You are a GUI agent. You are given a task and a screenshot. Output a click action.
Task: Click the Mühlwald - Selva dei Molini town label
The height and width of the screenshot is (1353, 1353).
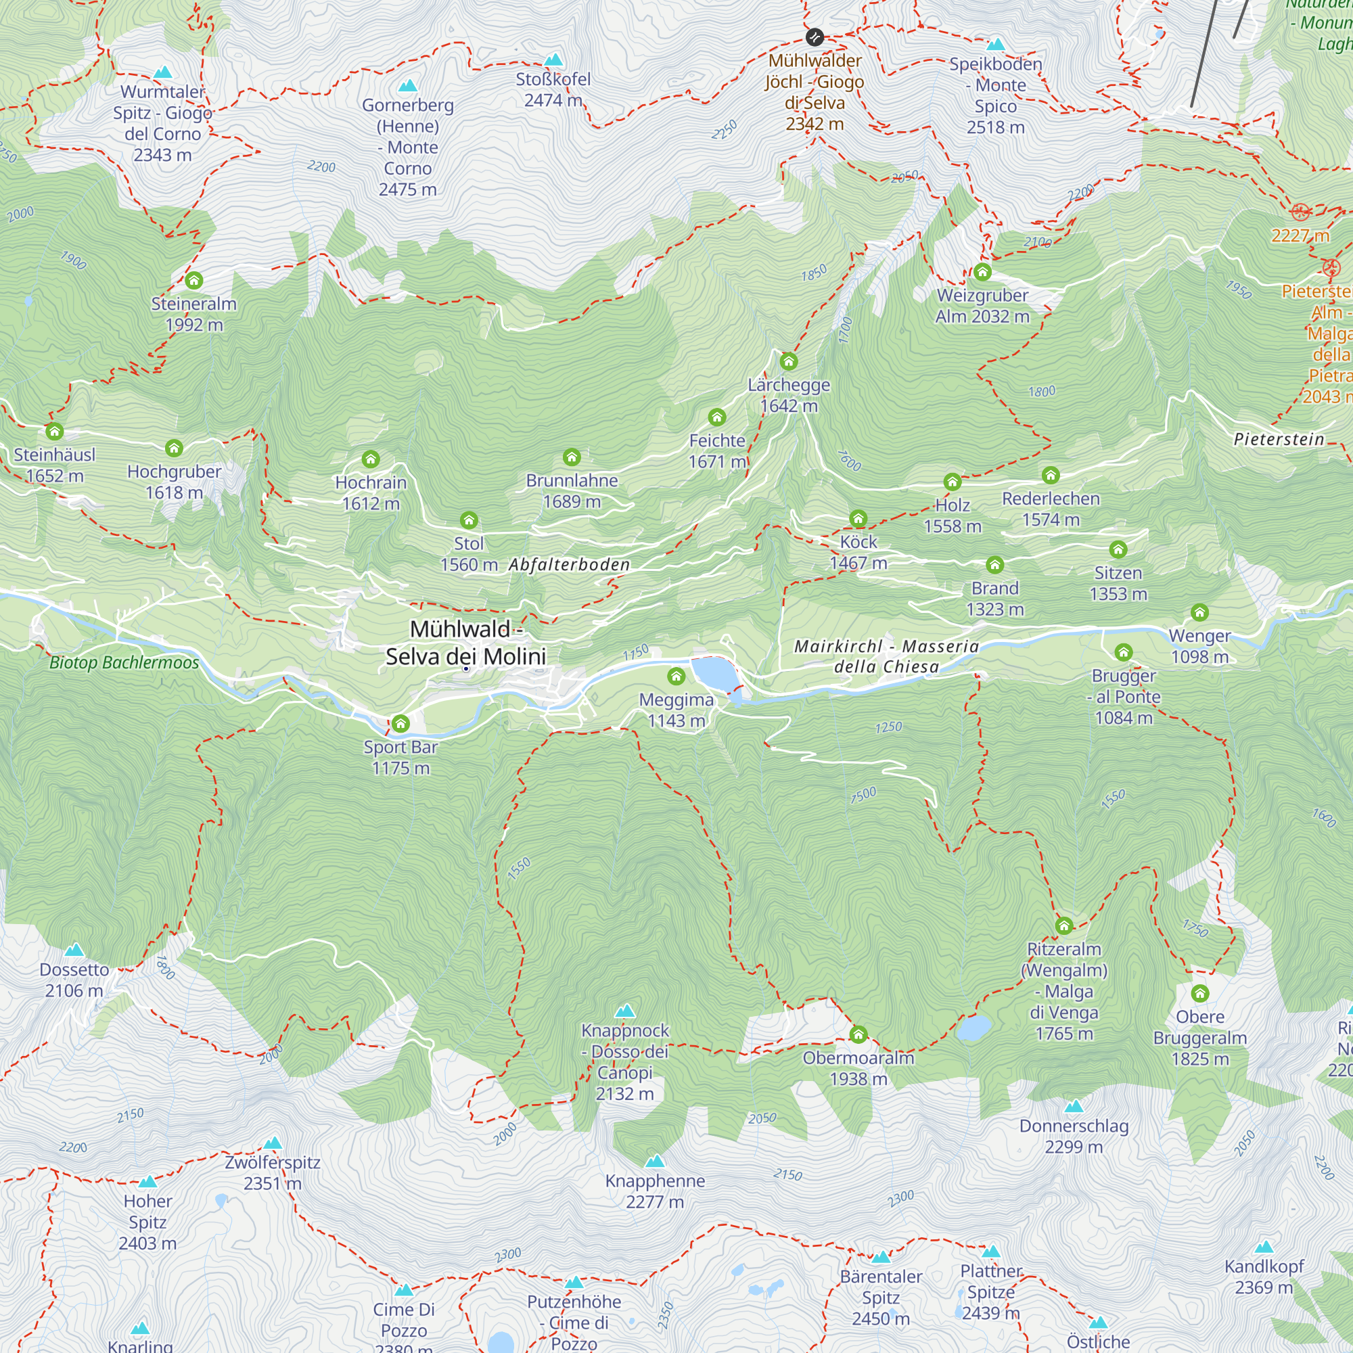(465, 642)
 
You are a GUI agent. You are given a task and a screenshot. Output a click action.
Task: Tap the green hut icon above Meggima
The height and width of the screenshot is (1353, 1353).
(676, 676)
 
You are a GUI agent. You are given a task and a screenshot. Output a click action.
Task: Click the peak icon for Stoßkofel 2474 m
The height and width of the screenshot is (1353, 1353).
(553, 60)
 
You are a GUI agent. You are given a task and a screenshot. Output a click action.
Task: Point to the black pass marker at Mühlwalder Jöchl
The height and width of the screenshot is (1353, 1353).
(815, 37)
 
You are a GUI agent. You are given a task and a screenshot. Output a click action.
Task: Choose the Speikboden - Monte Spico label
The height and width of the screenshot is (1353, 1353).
(995, 95)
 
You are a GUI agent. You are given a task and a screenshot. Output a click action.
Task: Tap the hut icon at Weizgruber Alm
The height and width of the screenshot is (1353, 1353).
(982, 272)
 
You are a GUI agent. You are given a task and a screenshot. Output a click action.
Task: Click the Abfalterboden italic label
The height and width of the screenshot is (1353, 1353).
(570, 564)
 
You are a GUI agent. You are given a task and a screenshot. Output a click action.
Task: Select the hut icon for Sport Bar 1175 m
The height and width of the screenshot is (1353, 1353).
(400, 723)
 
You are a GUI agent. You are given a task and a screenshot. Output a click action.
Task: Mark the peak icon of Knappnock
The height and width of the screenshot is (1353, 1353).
(624, 1011)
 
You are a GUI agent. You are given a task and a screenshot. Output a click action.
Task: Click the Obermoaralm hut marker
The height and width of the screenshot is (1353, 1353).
(858, 1034)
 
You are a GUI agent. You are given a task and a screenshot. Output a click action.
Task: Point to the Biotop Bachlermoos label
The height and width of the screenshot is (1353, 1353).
(124, 662)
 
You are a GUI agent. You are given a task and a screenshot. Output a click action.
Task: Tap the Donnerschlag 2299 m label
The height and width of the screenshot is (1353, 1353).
(1074, 1136)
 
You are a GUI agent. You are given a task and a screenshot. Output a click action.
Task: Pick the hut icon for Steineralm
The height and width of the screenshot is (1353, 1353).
(194, 281)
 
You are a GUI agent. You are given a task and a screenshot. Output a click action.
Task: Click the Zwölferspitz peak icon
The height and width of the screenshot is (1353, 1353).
(273, 1143)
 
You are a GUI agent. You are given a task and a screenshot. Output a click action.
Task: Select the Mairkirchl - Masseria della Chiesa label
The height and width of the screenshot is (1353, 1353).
(886, 656)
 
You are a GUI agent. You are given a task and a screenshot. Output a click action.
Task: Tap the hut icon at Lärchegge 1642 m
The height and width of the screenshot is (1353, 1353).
(789, 361)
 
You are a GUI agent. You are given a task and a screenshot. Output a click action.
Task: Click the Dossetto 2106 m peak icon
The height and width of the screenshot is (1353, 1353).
(74, 950)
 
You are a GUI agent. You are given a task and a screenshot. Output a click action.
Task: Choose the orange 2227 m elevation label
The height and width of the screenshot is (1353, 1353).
(1300, 235)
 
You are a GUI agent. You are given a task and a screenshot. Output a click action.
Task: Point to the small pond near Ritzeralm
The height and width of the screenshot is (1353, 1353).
(974, 1027)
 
